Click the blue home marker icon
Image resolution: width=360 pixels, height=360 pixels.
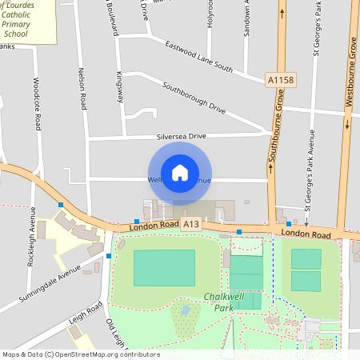[180, 172]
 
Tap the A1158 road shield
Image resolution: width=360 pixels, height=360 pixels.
[281, 80]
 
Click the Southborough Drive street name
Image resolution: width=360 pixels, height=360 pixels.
[194, 96]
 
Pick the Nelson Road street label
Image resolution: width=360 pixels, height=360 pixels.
[82, 89]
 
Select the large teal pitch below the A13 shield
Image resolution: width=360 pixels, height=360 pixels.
[164, 267]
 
